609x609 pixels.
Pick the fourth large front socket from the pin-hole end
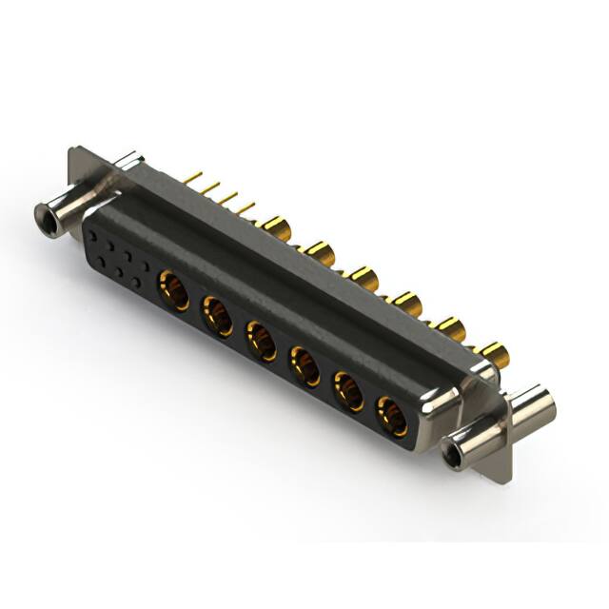pyautogui.click(x=304, y=366)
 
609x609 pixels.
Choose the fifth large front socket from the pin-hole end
pyautogui.click(x=348, y=391)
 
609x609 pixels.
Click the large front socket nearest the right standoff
pyautogui.click(x=391, y=416)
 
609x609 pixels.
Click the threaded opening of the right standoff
pyautogui.click(x=456, y=449)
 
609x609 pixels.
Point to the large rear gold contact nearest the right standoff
pyautogui.click(x=495, y=356)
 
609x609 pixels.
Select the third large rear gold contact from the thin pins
pyautogui.click(x=363, y=279)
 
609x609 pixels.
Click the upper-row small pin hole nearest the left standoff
pyautogui.click(x=94, y=229)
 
